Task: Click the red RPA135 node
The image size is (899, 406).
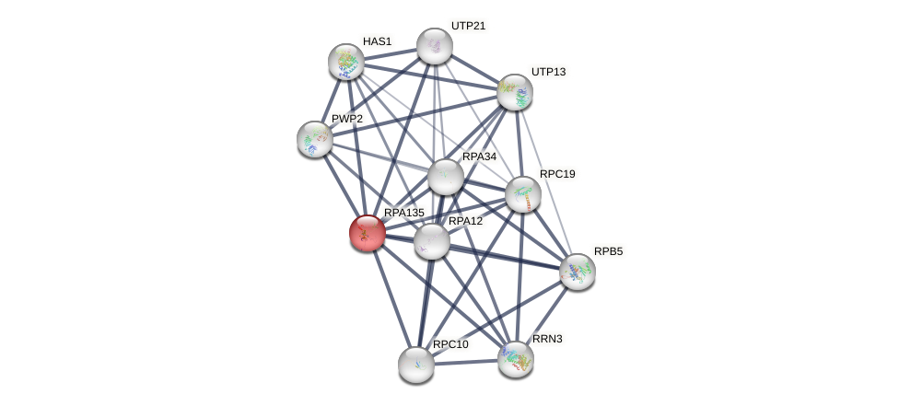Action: point(367,233)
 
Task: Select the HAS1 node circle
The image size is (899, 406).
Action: point(346,62)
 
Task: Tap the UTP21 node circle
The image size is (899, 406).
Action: point(435,46)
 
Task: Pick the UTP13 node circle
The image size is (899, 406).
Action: point(515,92)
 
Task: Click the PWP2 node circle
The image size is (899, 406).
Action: point(315,139)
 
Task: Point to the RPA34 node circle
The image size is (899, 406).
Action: point(446,177)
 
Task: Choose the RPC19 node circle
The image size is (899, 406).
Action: point(523,194)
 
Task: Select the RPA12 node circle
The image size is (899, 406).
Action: point(431,241)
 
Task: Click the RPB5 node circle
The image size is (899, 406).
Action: point(578,272)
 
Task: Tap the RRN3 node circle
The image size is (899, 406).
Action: point(516,358)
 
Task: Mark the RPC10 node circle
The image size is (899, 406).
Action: point(416,365)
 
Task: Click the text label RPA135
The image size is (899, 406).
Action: point(403,213)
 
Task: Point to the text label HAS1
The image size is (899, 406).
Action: point(377,41)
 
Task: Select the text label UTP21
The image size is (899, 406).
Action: point(468,26)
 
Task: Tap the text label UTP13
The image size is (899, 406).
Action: point(548,72)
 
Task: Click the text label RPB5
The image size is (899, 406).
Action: point(608,251)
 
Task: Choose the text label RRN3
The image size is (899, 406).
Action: point(547,339)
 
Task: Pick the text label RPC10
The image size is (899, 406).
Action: point(450,344)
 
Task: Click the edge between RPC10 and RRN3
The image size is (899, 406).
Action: point(466,362)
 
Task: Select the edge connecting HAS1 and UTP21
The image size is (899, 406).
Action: point(391,54)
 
